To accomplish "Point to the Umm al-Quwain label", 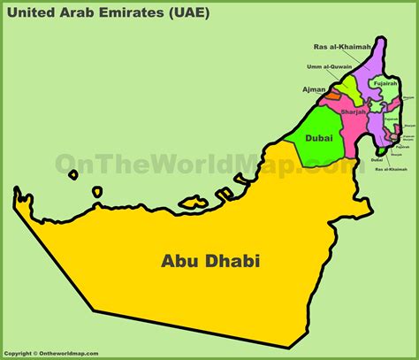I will [x=329, y=67].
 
